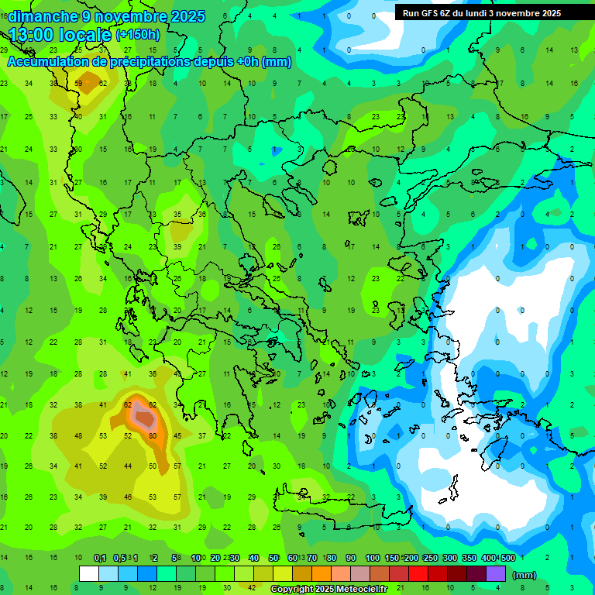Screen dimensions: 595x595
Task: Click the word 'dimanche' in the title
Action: coord(42,16)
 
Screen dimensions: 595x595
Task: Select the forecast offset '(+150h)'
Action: coord(138,35)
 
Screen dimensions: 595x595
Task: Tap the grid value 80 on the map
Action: coord(153,435)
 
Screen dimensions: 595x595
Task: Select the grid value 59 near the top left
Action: coord(78,83)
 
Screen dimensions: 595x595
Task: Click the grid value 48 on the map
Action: coord(78,435)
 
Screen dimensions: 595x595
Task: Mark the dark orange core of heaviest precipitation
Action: coord(144,418)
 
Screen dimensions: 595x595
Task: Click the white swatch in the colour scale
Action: coord(89,573)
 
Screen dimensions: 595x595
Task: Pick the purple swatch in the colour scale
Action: coord(496,573)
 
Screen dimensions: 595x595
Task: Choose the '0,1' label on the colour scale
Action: coord(100,558)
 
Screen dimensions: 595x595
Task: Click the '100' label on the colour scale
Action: coord(373,558)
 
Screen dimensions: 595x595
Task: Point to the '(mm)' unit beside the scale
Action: coord(524,575)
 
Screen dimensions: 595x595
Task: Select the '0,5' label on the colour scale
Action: coord(119,558)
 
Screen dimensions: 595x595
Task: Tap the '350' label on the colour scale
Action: coord(469,558)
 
